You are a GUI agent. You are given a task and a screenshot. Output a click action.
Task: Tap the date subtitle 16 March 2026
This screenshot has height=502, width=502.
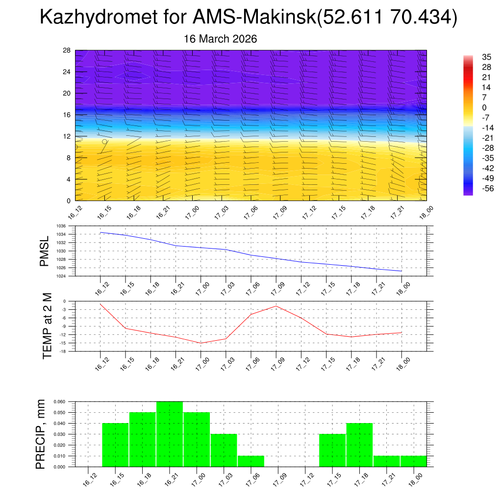coord(220,39)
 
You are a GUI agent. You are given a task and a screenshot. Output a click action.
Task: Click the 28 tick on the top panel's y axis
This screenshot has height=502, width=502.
coord(67,50)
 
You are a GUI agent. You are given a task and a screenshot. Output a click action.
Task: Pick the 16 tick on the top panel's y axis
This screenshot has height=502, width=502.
coord(67,115)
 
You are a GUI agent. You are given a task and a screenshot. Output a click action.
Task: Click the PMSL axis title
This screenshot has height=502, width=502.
coord(45,251)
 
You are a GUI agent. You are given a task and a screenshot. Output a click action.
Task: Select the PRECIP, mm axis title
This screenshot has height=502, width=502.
coord(41,434)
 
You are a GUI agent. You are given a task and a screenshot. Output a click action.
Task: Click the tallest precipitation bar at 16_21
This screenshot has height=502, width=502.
coord(170,434)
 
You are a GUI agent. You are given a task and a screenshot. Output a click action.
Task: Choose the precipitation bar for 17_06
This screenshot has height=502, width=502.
coord(251,461)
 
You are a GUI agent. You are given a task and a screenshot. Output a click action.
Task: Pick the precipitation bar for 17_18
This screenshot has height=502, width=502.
coord(359,445)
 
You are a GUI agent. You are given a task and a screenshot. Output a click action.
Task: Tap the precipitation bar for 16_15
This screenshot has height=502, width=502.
coord(115,445)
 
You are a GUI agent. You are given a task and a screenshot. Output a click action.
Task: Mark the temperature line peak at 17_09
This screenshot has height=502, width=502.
coord(276,306)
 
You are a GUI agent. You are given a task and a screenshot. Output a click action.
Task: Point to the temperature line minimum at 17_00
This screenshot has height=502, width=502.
coord(201,343)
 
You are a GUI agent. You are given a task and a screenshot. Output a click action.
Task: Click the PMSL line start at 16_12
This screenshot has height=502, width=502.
coord(100,232)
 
